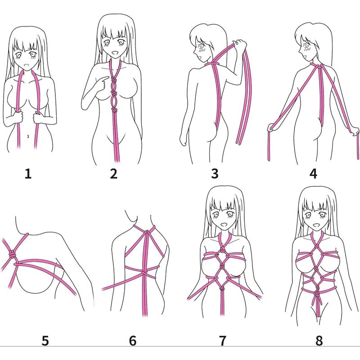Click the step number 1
point(28,174)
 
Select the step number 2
point(114,174)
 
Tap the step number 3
point(215,174)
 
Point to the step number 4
point(313,174)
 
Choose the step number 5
point(45,341)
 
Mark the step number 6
point(133,341)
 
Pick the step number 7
point(222,341)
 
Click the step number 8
point(319,341)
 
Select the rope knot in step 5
point(12,254)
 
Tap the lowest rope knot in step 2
point(114,110)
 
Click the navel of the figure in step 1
point(28,136)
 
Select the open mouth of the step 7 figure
point(223,224)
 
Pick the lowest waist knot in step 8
point(316,294)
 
